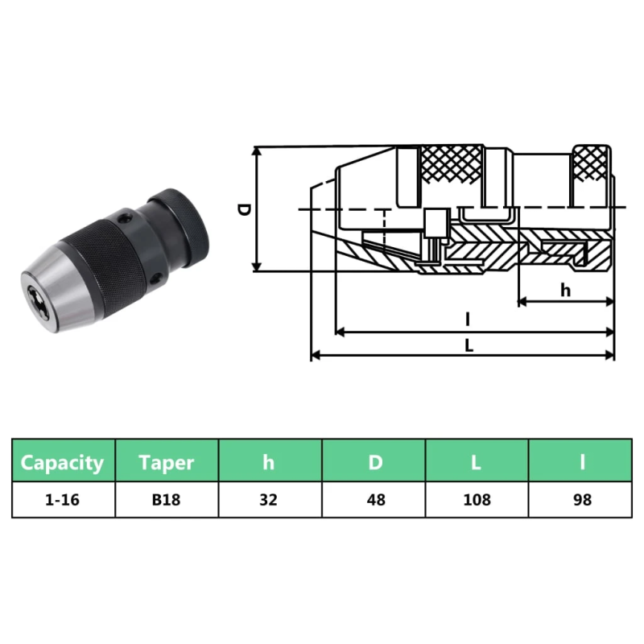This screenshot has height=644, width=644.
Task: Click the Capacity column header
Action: [x=63, y=462]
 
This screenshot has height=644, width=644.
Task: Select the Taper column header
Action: [x=167, y=462]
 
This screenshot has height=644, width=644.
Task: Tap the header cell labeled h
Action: [x=269, y=462]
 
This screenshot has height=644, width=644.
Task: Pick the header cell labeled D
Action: [x=374, y=462]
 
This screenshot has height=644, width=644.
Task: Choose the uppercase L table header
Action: [x=477, y=462]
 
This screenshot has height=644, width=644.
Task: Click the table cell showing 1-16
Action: [x=63, y=500]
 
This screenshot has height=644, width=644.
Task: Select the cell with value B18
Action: [x=167, y=500]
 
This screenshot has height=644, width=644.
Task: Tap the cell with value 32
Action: [x=269, y=500]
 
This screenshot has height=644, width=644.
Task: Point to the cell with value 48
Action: [x=374, y=500]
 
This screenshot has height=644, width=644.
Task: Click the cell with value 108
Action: [x=477, y=500]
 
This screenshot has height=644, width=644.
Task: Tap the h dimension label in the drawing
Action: [x=565, y=290]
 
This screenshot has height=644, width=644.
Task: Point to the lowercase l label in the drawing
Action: [x=468, y=320]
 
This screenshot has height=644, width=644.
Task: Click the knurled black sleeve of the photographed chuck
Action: [x=105, y=258]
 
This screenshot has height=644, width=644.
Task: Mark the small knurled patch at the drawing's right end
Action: [x=592, y=167]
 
